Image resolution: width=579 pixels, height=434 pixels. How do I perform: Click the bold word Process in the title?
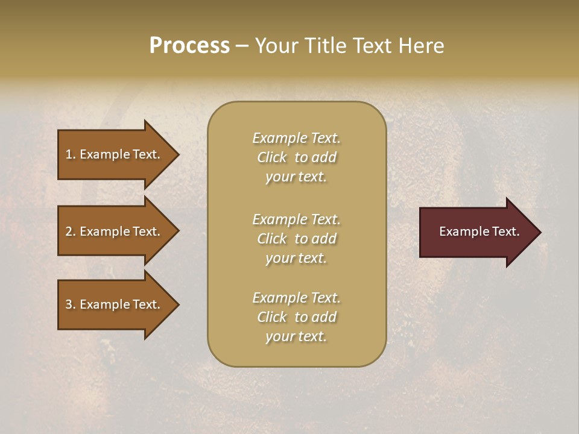click(189, 46)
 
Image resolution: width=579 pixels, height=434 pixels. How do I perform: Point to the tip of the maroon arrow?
click(539, 232)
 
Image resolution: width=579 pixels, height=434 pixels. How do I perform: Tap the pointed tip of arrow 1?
click(177, 154)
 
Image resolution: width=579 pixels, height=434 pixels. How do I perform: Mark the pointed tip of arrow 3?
click(177, 304)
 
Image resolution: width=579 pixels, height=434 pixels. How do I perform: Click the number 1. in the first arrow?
click(71, 154)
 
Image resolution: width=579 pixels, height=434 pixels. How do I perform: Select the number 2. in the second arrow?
click(71, 231)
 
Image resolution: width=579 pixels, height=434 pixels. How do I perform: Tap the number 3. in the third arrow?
click(71, 304)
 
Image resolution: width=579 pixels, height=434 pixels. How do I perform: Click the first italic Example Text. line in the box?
click(296, 138)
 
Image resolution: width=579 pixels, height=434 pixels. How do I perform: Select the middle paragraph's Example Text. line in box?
click(296, 219)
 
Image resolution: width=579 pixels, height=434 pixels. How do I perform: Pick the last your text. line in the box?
click(296, 336)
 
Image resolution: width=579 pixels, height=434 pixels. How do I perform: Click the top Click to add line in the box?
click(296, 157)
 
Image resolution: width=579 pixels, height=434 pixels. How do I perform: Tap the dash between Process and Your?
click(242, 46)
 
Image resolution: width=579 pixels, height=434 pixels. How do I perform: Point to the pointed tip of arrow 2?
click(177, 231)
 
